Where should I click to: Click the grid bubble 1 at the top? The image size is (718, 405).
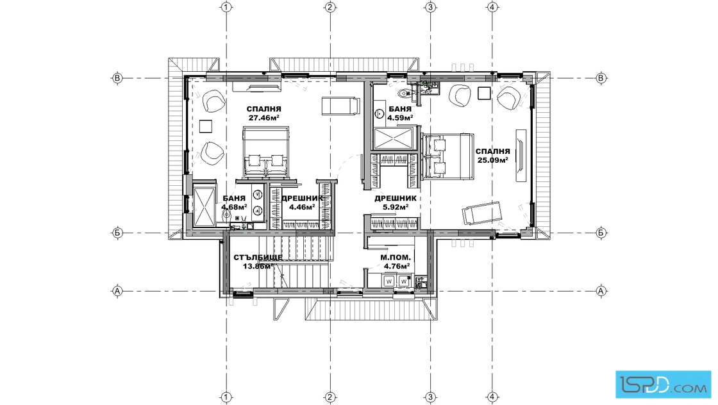pyautogui.click(x=226, y=7)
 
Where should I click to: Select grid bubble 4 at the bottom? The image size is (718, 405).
pyautogui.click(x=492, y=397)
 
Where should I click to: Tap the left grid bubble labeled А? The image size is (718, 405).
pyautogui.click(x=117, y=290)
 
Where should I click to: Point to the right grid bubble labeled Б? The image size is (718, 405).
pyautogui.click(x=601, y=233)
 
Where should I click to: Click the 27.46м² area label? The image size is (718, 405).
pyautogui.click(x=263, y=118)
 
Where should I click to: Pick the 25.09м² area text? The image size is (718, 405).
pyautogui.click(x=493, y=160)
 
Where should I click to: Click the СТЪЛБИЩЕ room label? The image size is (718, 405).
pyautogui.click(x=258, y=257)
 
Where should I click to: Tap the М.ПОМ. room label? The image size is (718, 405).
pyautogui.click(x=396, y=258)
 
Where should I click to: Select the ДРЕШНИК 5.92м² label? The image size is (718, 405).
pyautogui.click(x=396, y=202)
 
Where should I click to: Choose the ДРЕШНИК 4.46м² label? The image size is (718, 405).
pyautogui.click(x=302, y=202)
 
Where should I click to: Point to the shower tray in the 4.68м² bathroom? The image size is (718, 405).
pyautogui.click(x=204, y=206)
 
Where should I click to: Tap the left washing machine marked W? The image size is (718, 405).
pyautogui.click(x=388, y=281)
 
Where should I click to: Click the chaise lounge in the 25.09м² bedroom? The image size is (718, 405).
pyautogui.click(x=481, y=213)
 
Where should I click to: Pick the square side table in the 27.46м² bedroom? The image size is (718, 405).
pyautogui.click(x=206, y=126)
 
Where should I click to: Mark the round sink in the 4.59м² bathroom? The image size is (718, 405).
pyautogui.click(x=380, y=113)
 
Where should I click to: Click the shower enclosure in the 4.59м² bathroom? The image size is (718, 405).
pyautogui.click(x=394, y=138)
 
